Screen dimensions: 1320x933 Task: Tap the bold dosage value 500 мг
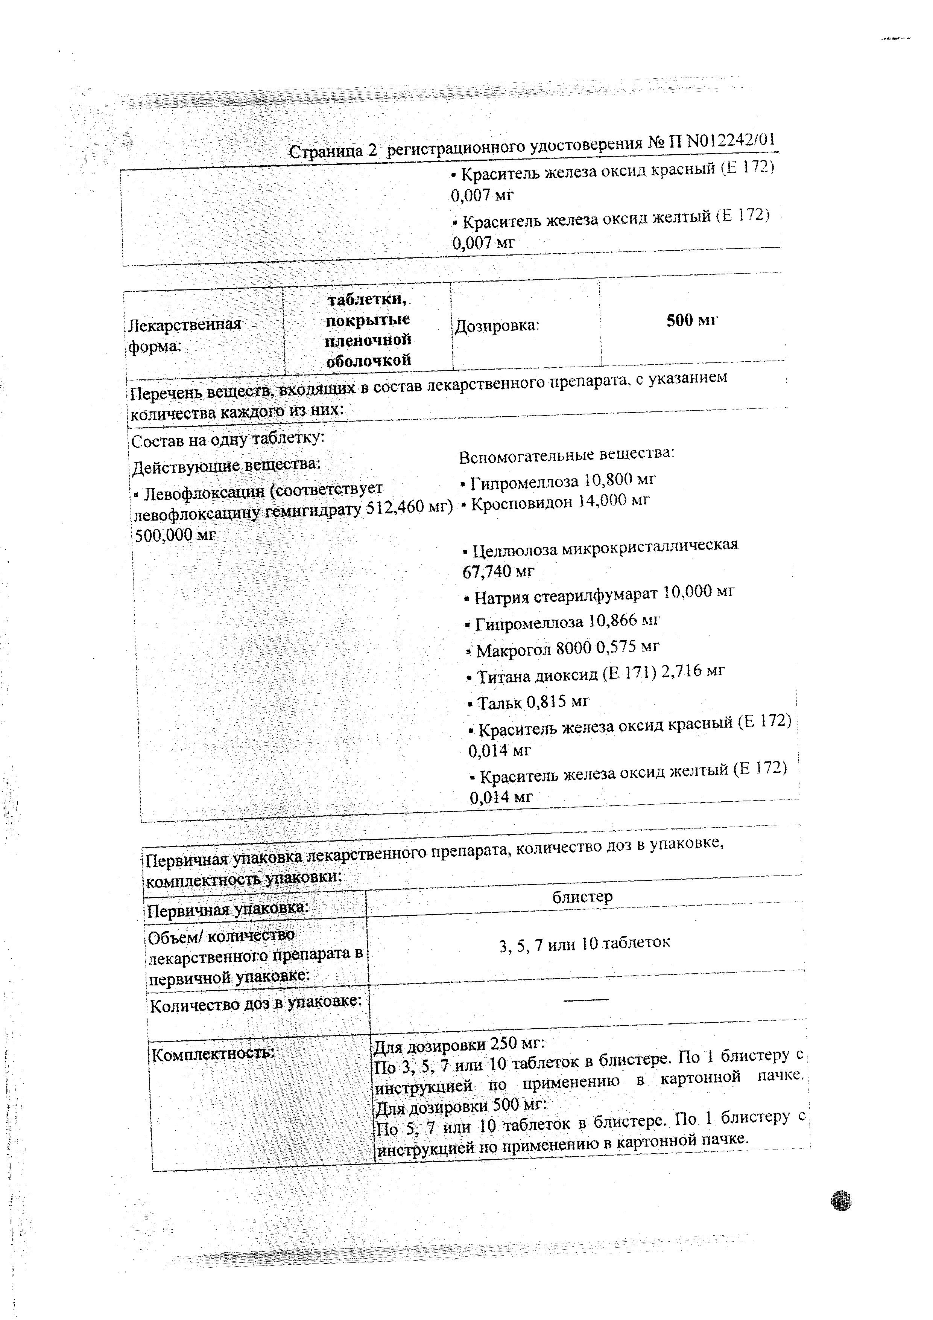point(692,321)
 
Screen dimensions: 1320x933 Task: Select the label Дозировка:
point(497,326)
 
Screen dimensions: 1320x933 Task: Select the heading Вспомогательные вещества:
point(566,454)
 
